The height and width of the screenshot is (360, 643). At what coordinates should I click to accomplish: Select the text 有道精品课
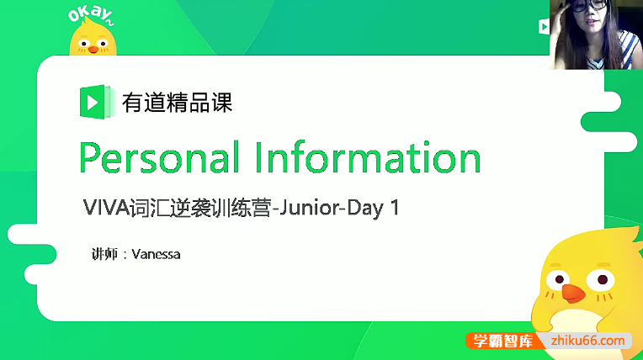click(x=178, y=103)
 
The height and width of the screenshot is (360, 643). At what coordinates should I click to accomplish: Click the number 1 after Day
click(x=393, y=209)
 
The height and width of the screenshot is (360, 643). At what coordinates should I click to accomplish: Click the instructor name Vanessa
click(x=157, y=253)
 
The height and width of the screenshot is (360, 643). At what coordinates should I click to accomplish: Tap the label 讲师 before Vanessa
click(x=103, y=253)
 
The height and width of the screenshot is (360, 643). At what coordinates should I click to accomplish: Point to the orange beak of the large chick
click(x=572, y=292)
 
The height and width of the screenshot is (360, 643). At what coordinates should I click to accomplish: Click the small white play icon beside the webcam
click(x=544, y=26)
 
